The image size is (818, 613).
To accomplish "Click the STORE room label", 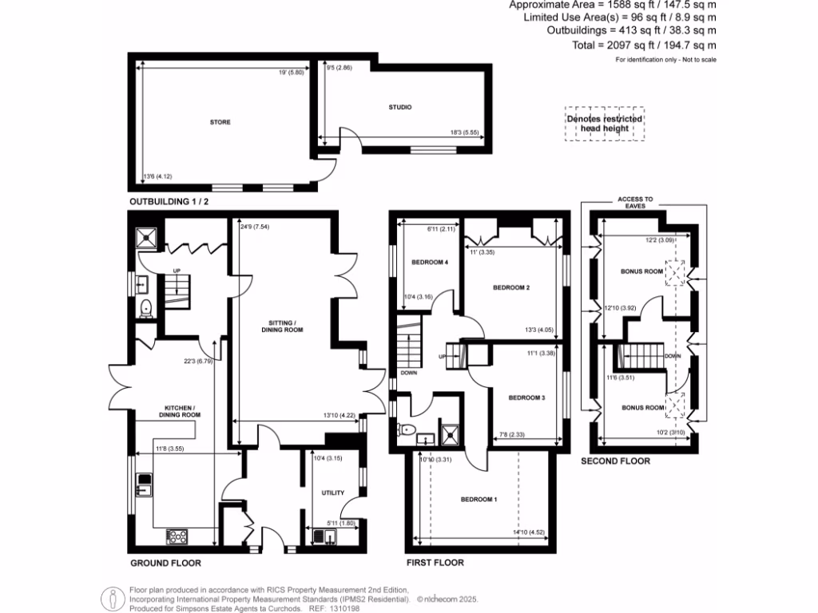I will tap(220, 122).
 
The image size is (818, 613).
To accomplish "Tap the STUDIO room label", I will tap(400, 106).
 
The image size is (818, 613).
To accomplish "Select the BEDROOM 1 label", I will tap(478, 500).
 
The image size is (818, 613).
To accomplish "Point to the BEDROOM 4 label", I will tap(430, 262).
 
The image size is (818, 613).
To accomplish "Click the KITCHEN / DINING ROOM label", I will tap(177, 411).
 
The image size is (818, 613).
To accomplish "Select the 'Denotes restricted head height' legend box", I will tap(605, 124).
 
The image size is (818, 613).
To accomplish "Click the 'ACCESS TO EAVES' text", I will tap(636, 202).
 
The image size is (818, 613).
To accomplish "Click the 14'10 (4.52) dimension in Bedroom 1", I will tap(525, 532).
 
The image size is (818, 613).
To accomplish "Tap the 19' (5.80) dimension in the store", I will tap(291, 73).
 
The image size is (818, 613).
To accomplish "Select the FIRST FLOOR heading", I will tap(435, 563).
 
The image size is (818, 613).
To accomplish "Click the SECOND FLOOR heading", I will tap(615, 461).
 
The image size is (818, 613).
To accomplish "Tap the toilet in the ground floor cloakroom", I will tap(145, 308).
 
